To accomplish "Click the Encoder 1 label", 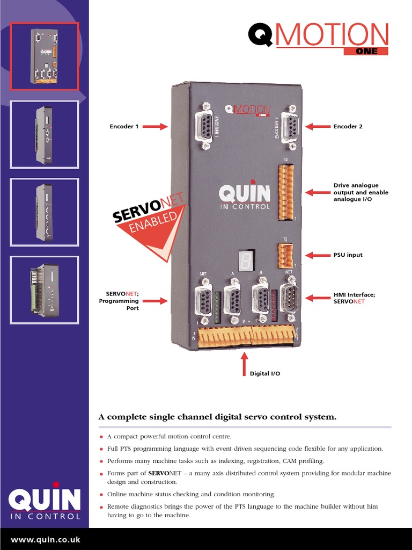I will pos(124,127).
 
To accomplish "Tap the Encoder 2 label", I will pos(348,127).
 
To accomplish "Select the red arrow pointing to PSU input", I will pos(318,255).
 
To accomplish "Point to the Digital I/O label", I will pos(265,373).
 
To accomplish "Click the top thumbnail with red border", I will pos(45,56).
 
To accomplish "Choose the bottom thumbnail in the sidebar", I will pos(45,290).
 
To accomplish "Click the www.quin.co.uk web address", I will pos(46,540).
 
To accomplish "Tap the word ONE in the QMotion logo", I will pos(366,52).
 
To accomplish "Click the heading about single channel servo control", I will pos(217,417).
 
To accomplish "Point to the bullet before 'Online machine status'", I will pos(101,495).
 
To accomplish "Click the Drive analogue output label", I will pos(360,192).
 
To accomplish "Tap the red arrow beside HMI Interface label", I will pos(318,298).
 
